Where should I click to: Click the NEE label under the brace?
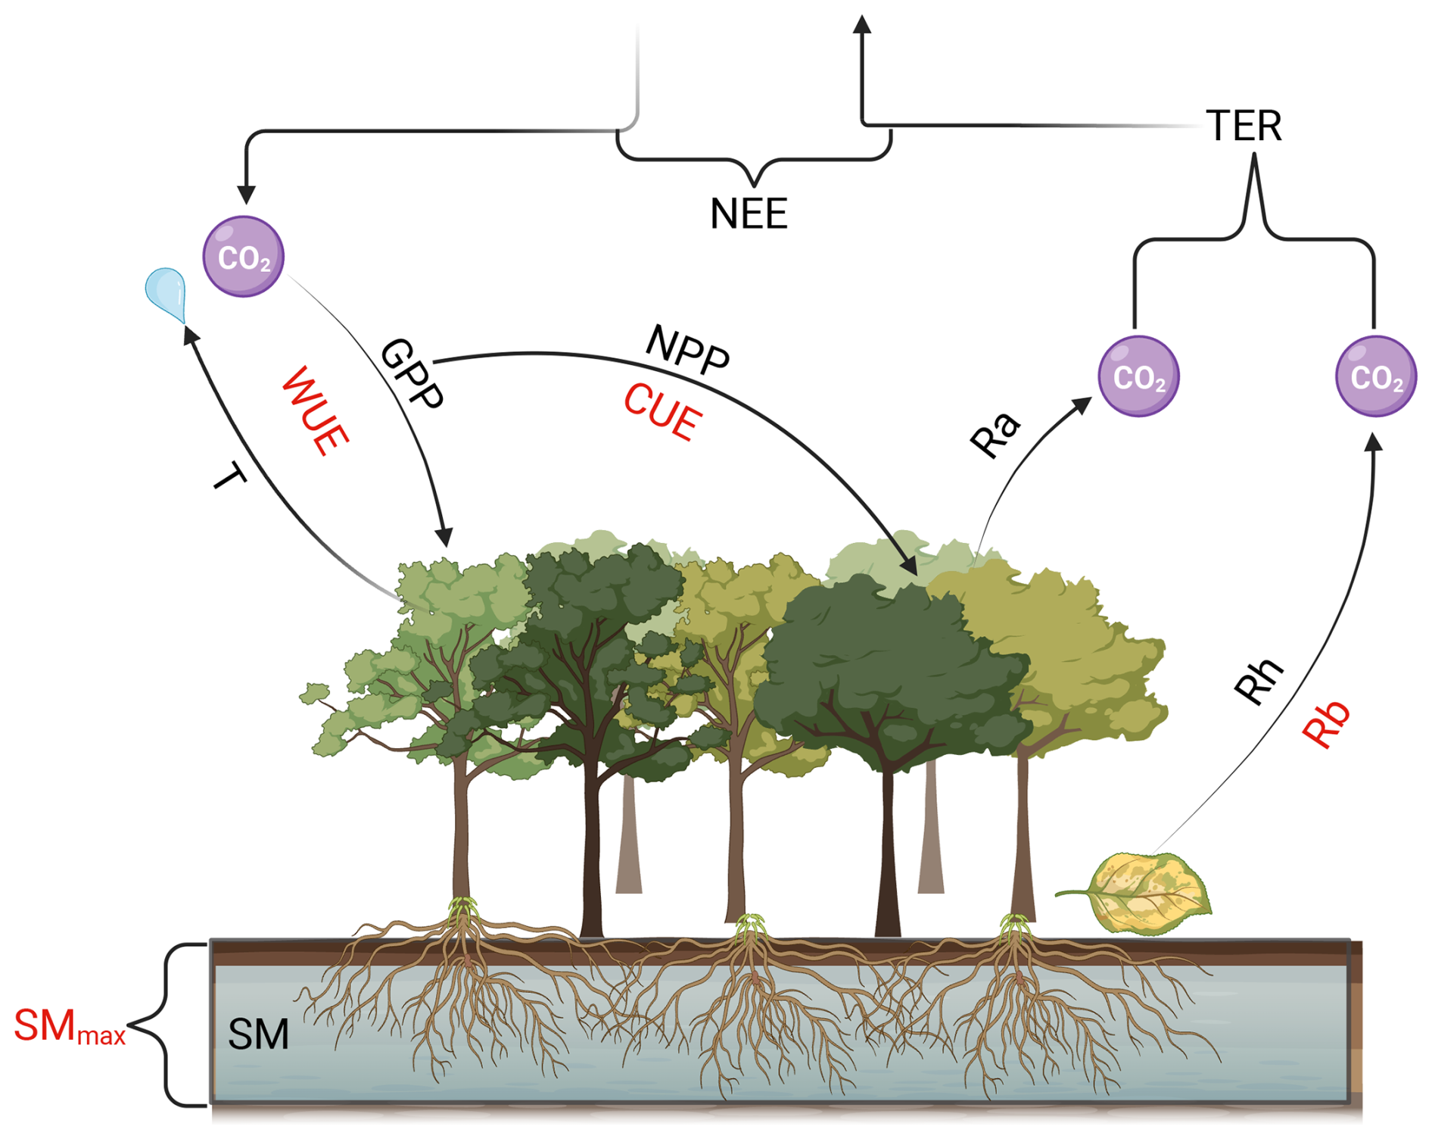click(x=749, y=214)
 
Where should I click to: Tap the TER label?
click(x=1244, y=126)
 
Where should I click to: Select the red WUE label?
click(x=315, y=410)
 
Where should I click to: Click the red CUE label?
click(x=663, y=412)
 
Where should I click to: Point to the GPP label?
click(x=412, y=374)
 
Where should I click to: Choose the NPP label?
click(x=687, y=349)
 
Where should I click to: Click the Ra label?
click(x=996, y=435)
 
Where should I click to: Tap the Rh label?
click(x=1259, y=681)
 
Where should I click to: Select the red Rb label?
click(x=1326, y=724)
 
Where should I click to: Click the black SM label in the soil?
click(x=259, y=1034)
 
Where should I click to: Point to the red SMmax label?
click(x=70, y=1027)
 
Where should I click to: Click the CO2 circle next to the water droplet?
click(x=244, y=257)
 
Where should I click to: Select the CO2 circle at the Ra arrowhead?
click(x=1138, y=376)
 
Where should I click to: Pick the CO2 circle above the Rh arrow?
click(x=1376, y=376)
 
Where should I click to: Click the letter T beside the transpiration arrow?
click(x=229, y=478)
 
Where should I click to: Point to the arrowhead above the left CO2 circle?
click(x=246, y=194)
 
